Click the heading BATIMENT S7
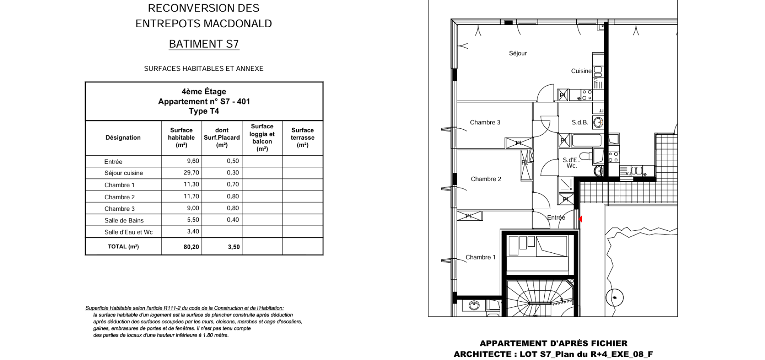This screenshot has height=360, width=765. click(x=204, y=44)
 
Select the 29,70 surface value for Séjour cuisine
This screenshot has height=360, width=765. click(x=191, y=173)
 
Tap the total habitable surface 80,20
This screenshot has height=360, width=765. click(x=191, y=247)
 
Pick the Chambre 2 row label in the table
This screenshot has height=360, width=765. click(x=120, y=197)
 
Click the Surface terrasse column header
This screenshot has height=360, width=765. click(x=303, y=138)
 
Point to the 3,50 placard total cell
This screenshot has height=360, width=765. click(x=234, y=247)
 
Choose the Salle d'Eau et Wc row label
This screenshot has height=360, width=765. click(x=128, y=232)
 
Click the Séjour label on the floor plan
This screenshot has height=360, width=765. click(x=518, y=53)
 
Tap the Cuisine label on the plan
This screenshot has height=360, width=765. click(x=581, y=71)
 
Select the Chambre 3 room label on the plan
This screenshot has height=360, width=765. click(x=485, y=122)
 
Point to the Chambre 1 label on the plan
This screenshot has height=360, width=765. click(x=480, y=257)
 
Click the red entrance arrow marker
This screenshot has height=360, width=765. click(x=580, y=219)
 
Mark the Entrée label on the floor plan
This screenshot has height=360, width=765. click(x=556, y=218)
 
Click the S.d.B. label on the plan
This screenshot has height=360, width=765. click(x=580, y=122)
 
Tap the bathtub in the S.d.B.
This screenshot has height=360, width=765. click(x=587, y=140)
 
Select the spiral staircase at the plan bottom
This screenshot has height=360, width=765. click(x=540, y=298)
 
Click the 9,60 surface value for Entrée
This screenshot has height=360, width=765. click(x=193, y=161)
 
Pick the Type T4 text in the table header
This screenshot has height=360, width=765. click(x=204, y=111)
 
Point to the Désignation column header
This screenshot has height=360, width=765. click(x=123, y=138)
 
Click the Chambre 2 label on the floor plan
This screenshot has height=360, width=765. click(x=486, y=179)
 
